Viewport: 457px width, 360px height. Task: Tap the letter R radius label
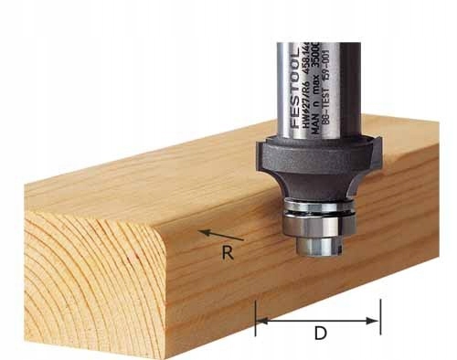click(228, 253)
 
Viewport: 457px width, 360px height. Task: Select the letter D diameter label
click(320, 334)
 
